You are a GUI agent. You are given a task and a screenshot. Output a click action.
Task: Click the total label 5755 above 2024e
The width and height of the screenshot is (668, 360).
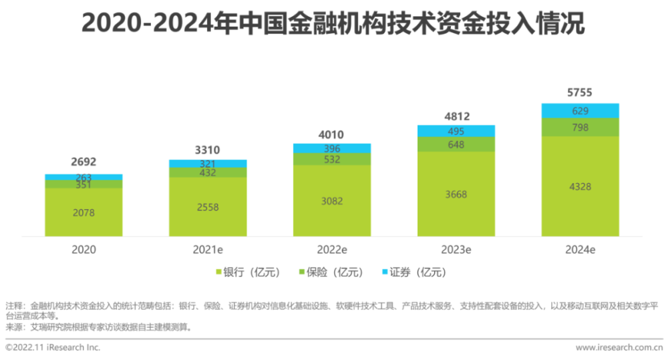point(580,93)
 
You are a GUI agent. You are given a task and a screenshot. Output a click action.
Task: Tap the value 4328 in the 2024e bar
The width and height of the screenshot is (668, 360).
point(580,186)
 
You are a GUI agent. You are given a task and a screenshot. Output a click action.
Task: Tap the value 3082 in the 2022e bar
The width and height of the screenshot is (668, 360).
point(332,200)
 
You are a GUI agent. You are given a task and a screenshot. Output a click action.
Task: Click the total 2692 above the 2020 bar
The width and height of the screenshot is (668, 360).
point(83,162)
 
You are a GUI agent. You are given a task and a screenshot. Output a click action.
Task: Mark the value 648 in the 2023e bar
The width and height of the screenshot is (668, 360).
point(456,144)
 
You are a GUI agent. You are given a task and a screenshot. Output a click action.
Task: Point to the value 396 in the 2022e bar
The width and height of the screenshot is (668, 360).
point(332,148)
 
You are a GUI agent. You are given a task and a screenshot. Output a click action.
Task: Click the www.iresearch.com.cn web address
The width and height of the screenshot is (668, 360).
point(619,347)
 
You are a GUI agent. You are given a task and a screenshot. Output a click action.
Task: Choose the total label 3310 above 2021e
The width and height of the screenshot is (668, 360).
point(208,150)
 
